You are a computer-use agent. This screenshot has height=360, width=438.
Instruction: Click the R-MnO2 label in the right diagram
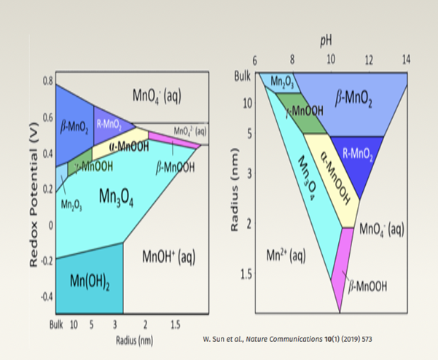357,154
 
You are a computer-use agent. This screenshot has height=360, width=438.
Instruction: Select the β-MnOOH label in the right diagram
369,285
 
